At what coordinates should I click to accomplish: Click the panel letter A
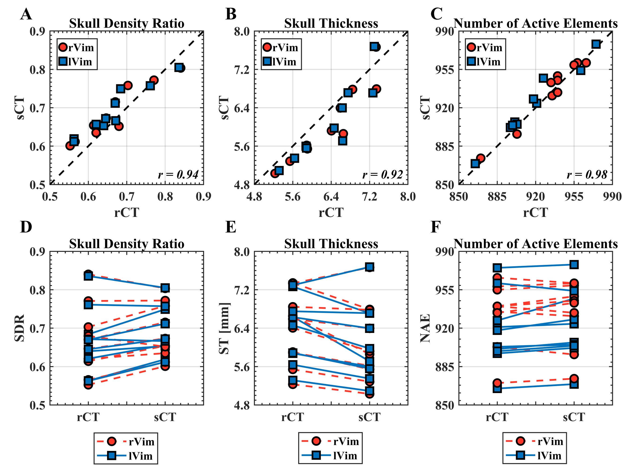[x=26, y=14]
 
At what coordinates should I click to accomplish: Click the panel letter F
[x=436, y=227]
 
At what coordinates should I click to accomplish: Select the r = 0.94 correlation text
[x=178, y=175]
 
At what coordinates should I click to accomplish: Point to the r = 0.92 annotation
[x=382, y=175]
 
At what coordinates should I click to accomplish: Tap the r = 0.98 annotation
[x=587, y=175]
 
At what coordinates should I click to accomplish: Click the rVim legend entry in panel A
[x=76, y=47]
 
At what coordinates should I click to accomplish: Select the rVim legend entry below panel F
[x=535, y=441]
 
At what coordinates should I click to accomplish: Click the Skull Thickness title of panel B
[x=331, y=23]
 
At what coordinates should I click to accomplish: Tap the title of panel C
[x=535, y=23]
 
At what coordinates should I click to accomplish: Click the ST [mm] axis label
[x=224, y=328]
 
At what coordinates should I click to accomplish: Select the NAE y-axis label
[x=425, y=328]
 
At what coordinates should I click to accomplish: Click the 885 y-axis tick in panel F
[x=444, y=367]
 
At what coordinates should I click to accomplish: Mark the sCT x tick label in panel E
[x=370, y=417]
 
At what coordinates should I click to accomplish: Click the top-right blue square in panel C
[x=596, y=44]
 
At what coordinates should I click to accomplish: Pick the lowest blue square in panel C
[x=475, y=163]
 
